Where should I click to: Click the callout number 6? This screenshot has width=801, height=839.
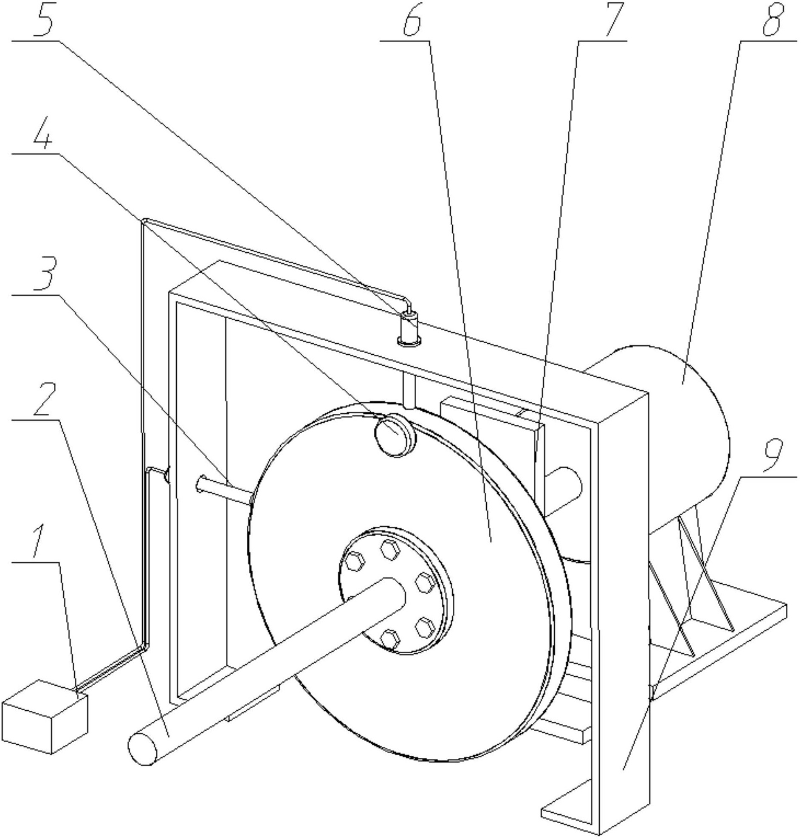[x=411, y=20]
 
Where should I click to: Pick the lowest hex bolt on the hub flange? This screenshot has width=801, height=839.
[x=390, y=639]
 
